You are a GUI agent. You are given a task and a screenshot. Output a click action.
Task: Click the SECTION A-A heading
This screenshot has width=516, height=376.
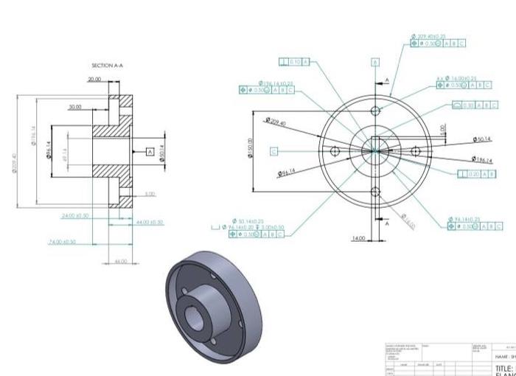[x=108, y=66]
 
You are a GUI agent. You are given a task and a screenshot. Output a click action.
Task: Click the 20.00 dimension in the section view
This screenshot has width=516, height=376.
[x=96, y=79]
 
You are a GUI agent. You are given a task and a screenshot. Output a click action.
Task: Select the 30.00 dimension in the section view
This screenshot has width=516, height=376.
[x=75, y=107]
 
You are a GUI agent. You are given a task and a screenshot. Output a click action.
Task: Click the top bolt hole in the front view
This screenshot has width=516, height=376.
[x=375, y=111]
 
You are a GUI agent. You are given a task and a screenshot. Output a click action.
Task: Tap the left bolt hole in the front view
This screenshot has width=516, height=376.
[x=335, y=151]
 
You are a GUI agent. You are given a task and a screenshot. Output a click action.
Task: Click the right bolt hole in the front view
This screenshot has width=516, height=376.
[x=416, y=151]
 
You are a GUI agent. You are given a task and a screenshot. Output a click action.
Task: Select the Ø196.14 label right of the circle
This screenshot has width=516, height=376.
[x=483, y=159]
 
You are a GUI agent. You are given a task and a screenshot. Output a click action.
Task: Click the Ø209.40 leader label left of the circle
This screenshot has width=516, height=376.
[x=276, y=122]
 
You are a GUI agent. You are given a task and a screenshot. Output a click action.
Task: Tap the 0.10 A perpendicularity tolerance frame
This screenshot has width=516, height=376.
[x=294, y=61]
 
